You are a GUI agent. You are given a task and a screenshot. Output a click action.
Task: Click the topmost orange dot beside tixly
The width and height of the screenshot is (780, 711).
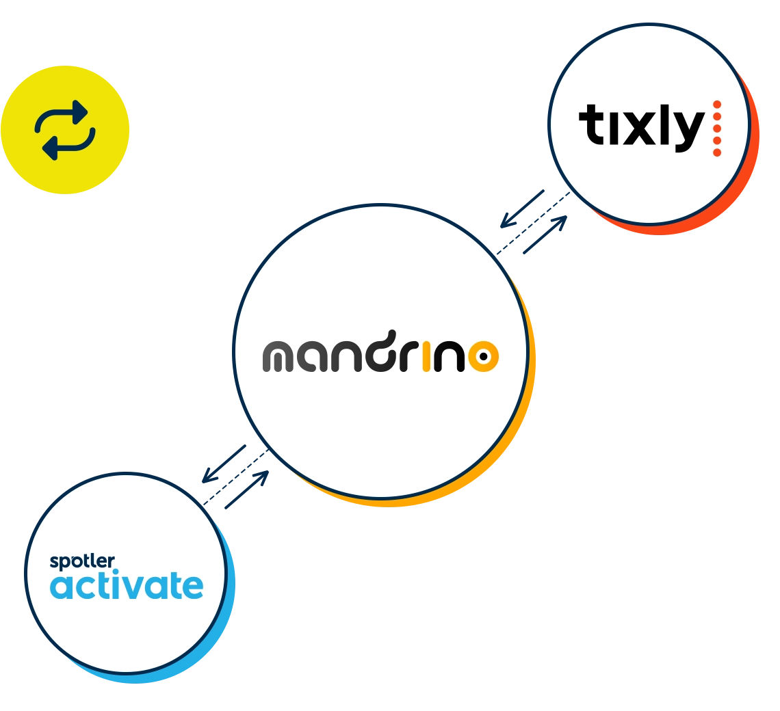coord(717,105)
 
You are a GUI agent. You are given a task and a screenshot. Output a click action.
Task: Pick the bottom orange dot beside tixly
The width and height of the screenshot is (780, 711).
coord(717,152)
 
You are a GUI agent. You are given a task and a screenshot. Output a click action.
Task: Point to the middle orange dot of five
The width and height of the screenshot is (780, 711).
coord(717,129)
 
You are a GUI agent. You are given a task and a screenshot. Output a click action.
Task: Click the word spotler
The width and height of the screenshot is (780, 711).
coord(82,563)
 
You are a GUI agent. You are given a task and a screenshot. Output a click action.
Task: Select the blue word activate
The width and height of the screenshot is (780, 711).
coord(127,586)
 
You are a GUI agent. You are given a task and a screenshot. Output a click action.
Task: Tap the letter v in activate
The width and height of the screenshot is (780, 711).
coord(137,587)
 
